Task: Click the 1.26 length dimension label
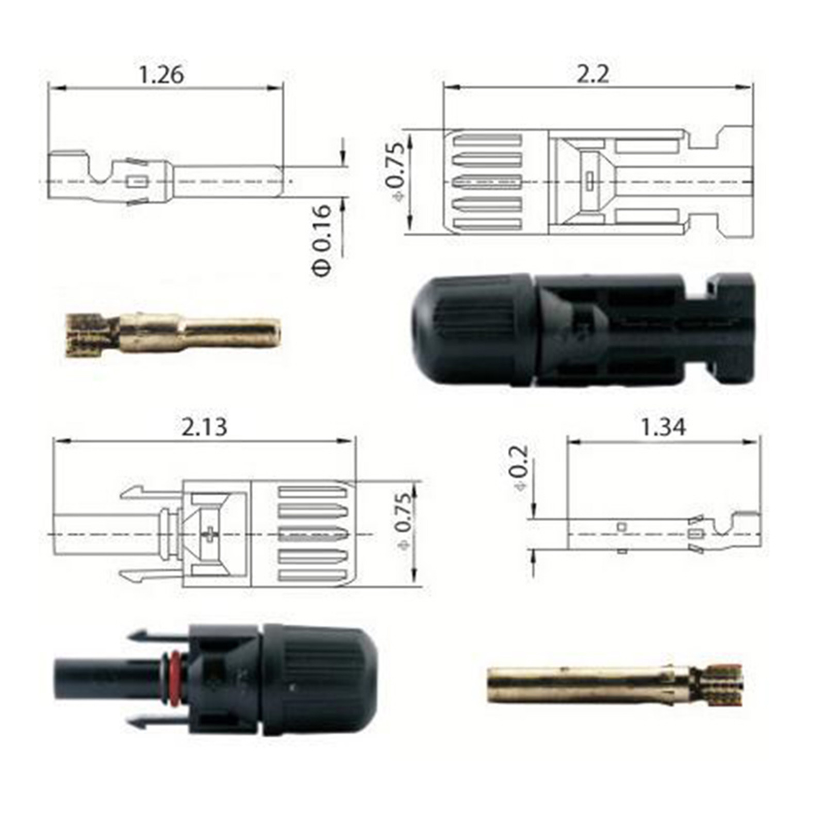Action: (161, 75)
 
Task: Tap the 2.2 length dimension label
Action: (592, 75)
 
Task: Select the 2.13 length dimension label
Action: (204, 427)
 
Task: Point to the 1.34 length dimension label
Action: (663, 427)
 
